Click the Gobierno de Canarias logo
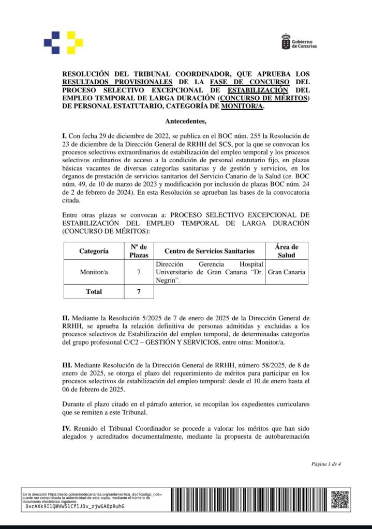pos(299,42)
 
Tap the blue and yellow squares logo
pos(64,42)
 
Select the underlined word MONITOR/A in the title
pos(242,106)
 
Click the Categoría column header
pos(94,251)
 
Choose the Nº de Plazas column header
pos(139,251)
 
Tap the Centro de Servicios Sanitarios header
pos(209,251)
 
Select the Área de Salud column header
pos(286,251)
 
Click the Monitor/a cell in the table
pos(94,272)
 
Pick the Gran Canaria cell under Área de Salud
pos(286,272)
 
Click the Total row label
pos(94,291)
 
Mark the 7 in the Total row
pos(139,291)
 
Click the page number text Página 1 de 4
pos(326,464)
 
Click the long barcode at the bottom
pos(248,499)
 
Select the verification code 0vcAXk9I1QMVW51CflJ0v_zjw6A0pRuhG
pos(75,506)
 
